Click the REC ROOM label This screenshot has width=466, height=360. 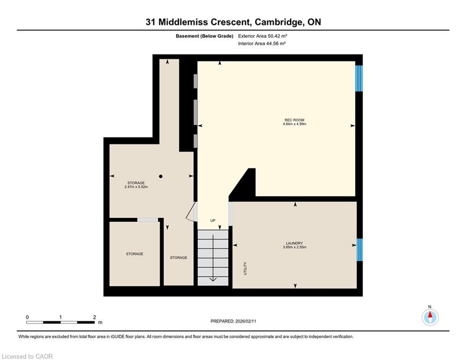click(x=294, y=120)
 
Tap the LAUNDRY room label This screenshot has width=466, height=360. click(x=294, y=243)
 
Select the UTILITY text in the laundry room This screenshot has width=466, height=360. click(x=245, y=269)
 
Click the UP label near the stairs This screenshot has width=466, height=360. click(x=213, y=220)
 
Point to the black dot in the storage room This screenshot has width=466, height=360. click(x=161, y=176)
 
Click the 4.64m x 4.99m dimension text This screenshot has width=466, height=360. click(x=294, y=124)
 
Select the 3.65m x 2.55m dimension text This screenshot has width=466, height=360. click(x=294, y=247)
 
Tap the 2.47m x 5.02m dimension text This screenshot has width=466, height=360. click(x=136, y=187)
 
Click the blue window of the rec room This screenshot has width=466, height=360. click(x=359, y=78)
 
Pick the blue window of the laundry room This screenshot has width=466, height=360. click(x=359, y=250)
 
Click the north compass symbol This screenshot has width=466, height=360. click(x=430, y=317)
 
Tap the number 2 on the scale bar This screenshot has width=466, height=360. click(x=95, y=317)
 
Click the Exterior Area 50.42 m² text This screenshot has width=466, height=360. click(x=262, y=36)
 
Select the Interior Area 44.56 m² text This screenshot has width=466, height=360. click(x=262, y=44)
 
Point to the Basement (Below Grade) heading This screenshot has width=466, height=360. click(x=205, y=36)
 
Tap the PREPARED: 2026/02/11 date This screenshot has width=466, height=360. click(x=233, y=321)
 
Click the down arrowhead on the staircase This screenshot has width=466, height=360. click(x=213, y=279)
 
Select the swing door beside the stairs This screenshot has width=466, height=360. click(x=191, y=211)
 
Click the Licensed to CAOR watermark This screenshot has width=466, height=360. click(x=27, y=356)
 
